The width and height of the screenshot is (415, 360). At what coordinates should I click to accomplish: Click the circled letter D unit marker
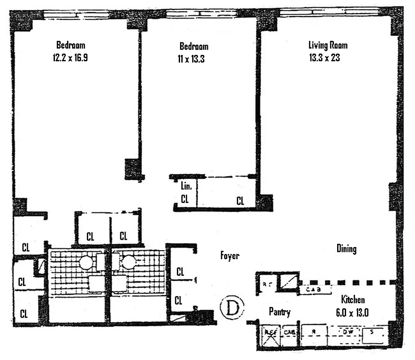231,308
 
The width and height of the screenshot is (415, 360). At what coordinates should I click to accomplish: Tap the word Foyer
230,256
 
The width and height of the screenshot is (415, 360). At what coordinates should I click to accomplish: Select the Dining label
346,248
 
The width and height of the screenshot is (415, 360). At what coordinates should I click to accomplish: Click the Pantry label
279,312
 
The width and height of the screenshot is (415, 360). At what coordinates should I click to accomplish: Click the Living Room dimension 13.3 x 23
328,58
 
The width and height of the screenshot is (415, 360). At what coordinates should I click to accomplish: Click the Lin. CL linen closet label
185,193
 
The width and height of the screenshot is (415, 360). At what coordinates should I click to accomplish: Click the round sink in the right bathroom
130,261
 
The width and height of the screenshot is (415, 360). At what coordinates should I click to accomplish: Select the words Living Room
328,45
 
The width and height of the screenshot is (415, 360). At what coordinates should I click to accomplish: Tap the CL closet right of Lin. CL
240,201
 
